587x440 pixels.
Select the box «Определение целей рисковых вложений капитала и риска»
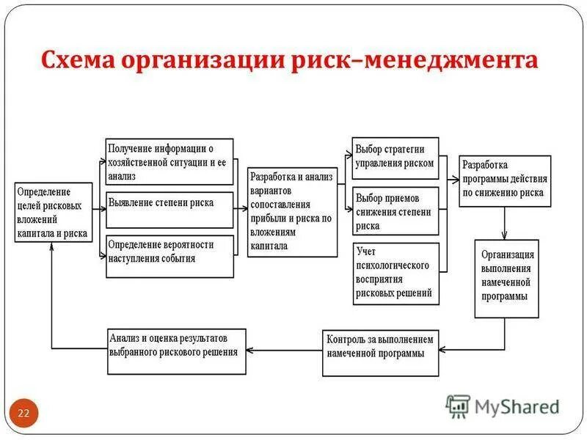54,213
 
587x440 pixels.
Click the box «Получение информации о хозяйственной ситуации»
169,161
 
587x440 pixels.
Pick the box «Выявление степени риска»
169,210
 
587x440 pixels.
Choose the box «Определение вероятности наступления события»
169,256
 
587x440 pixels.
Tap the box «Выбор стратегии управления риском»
395,158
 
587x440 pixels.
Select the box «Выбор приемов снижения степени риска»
395,210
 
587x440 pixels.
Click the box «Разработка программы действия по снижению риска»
505,180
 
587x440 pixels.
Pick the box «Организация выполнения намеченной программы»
506,278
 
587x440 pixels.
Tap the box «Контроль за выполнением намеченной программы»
380,346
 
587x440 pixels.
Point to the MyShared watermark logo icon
458,406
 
